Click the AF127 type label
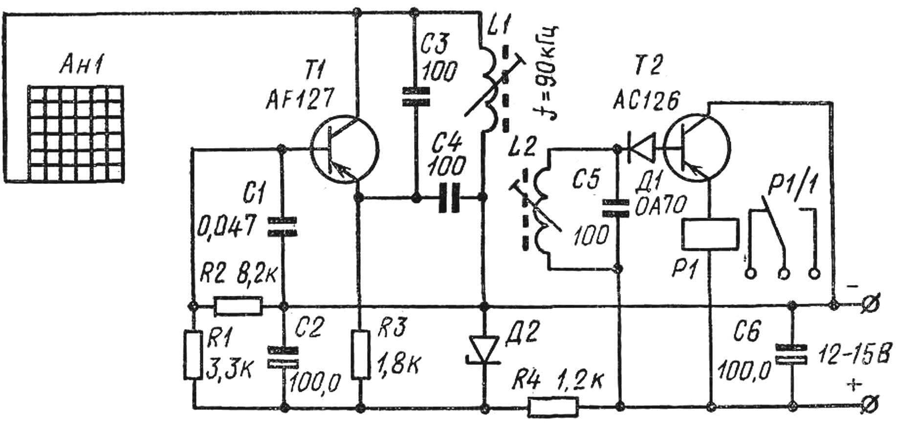coord(300,101)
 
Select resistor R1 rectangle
coord(193,355)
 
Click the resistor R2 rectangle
coord(239,306)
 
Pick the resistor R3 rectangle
coord(361,355)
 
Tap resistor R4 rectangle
coord(553,406)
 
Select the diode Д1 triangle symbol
coord(640,147)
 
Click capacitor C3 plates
coord(415,96)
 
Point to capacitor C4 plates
coord(450,198)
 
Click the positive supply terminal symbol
coord(871,405)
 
